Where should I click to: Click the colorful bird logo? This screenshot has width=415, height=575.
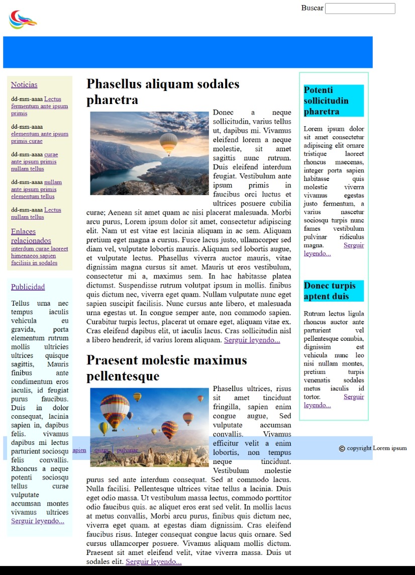(x=23, y=20)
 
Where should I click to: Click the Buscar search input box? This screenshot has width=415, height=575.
(x=360, y=9)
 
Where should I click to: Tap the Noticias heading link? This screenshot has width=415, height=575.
(x=24, y=84)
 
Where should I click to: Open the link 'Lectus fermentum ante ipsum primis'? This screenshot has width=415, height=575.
(x=39, y=106)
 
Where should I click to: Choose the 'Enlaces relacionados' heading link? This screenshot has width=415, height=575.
(x=31, y=236)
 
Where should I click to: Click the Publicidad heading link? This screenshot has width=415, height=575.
(x=28, y=286)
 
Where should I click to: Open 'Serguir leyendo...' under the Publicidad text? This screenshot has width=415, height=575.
(x=38, y=521)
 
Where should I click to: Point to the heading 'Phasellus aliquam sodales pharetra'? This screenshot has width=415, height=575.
(x=162, y=91)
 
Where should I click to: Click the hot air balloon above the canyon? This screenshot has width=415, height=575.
(x=168, y=143)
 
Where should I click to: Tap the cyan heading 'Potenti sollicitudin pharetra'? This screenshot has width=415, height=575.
(x=333, y=101)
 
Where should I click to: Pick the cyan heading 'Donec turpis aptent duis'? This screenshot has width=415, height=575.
(x=333, y=291)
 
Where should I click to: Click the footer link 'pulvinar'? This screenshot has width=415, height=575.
(x=127, y=450)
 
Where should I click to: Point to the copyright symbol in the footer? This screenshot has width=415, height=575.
(x=342, y=448)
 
